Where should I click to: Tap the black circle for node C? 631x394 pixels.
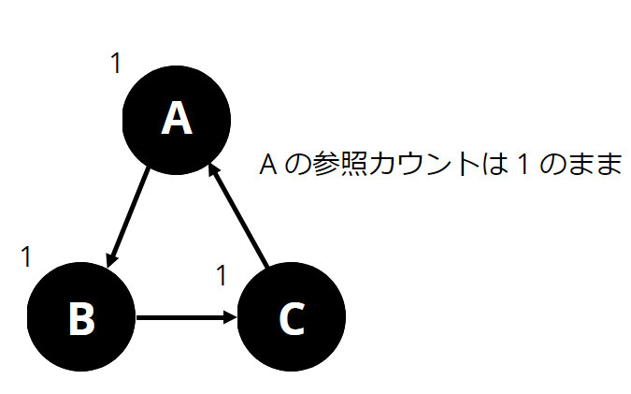(x=292, y=318)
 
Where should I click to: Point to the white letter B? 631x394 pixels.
(x=82, y=319)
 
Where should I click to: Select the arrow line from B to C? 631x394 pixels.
(x=183, y=317)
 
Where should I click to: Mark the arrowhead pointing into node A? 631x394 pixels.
(x=214, y=172)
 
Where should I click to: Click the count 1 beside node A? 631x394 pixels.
(x=115, y=64)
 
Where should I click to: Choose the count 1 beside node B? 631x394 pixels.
(x=26, y=255)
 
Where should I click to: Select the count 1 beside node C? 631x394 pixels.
(x=222, y=275)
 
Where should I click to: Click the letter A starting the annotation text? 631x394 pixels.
(x=266, y=166)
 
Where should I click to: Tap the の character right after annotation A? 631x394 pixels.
(x=294, y=166)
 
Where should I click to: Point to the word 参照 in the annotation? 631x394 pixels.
(x=339, y=166)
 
